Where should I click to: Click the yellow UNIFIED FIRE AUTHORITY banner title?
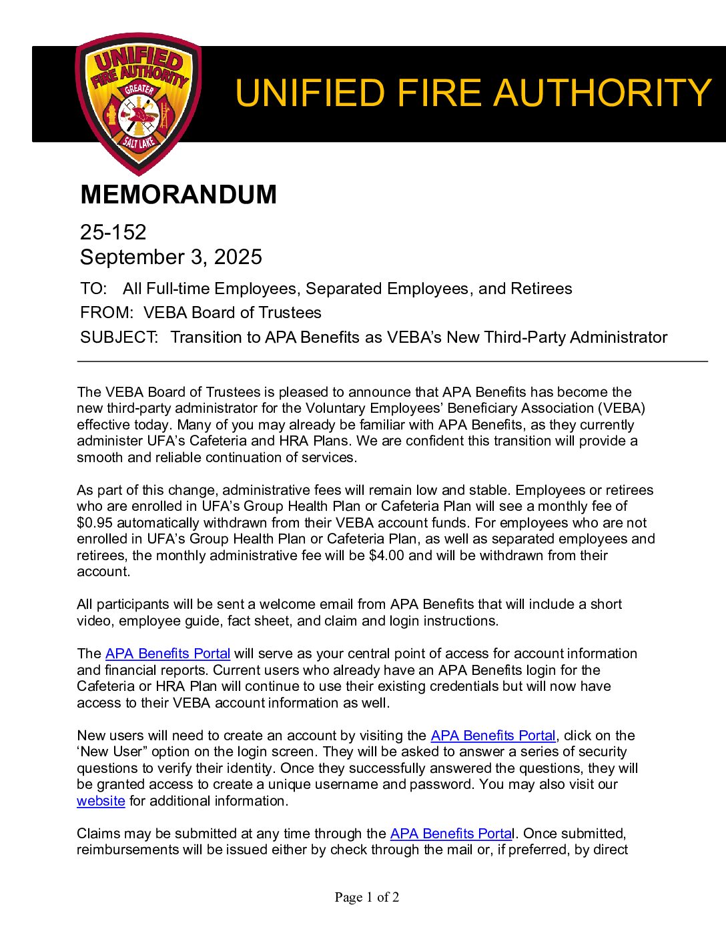[x=473, y=93]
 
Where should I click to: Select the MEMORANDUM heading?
[x=178, y=195]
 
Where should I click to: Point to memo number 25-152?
[x=113, y=232]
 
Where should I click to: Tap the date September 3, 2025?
[x=171, y=257]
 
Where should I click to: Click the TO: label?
[x=93, y=289]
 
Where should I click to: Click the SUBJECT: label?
[x=119, y=337]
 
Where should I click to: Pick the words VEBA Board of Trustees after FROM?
[x=232, y=313]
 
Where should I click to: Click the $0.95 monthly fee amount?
[x=94, y=523]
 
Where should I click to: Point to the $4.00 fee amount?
[x=386, y=556]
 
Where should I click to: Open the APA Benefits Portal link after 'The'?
[x=167, y=654]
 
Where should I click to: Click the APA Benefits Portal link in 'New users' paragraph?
[x=493, y=736]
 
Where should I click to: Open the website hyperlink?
[x=101, y=801]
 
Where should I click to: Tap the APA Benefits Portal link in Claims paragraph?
[x=450, y=834]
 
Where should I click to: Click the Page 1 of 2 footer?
[x=367, y=898]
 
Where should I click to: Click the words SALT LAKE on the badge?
[x=139, y=141]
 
